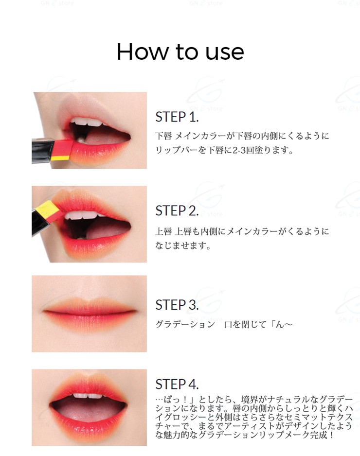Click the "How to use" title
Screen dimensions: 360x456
pyautogui.click(x=180, y=52)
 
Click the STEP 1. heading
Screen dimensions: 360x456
pyautogui.click(x=177, y=117)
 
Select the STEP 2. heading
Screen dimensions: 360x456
pyautogui.click(x=177, y=211)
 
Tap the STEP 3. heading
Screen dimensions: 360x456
pyautogui.click(x=177, y=305)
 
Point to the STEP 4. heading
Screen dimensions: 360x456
pyautogui.click(x=177, y=384)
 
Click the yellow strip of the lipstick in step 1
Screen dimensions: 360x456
pyautogui.click(x=60, y=158)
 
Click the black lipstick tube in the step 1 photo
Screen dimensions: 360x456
pyautogui.click(x=42, y=151)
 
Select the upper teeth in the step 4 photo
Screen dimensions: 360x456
pyautogui.click(x=88, y=396)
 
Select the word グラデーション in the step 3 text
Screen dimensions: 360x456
pyautogui.click(x=185, y=324)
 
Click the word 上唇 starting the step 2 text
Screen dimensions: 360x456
pyautogui.click(x=163, y=231)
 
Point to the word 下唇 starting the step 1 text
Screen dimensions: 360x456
pyautogui.click(x=163, y=136)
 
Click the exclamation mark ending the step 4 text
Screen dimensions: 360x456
pyautogui.click(x=331, y=435)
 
